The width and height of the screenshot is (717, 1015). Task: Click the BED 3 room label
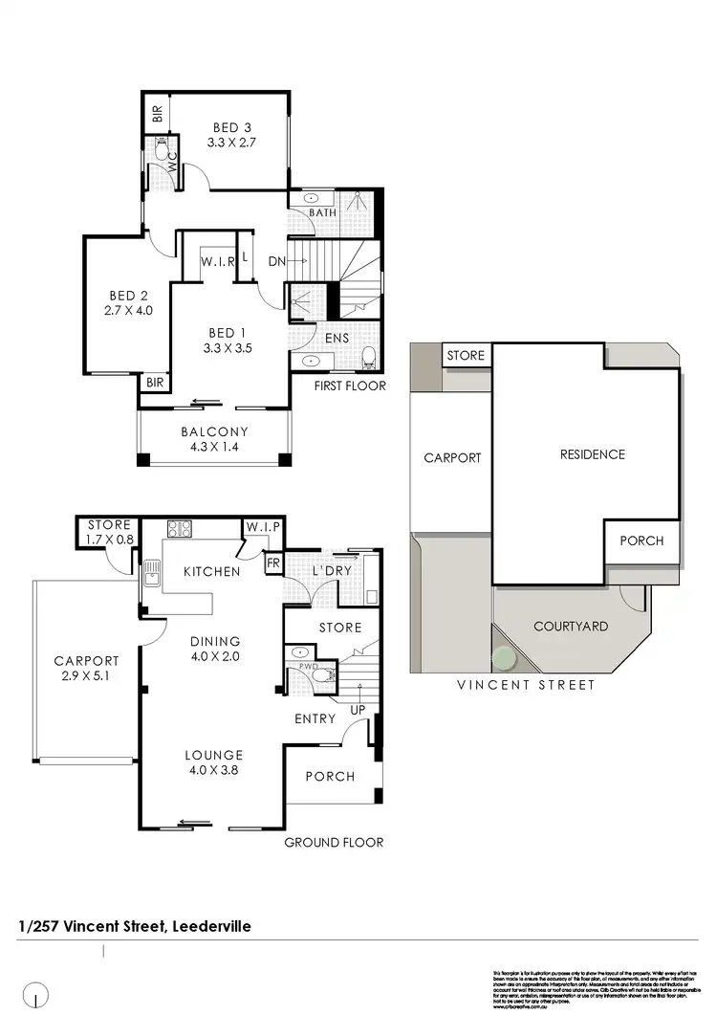232,135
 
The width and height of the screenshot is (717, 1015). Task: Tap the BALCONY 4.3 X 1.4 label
214,439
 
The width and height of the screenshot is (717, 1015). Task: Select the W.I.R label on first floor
218,262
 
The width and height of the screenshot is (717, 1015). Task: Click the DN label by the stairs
276,262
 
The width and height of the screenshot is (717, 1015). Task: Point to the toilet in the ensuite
368,359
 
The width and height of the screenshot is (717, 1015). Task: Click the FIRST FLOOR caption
350,386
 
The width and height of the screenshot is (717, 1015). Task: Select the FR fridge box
272,564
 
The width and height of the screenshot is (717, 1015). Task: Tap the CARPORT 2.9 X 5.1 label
86,668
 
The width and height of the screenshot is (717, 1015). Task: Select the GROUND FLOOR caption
334,842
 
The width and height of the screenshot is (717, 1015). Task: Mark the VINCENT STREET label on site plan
525,685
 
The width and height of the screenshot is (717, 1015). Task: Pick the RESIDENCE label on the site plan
592,454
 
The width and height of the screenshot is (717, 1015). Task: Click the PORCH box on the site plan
641,541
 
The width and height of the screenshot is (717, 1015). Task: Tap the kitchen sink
152,574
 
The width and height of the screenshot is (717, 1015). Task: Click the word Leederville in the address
210,926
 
